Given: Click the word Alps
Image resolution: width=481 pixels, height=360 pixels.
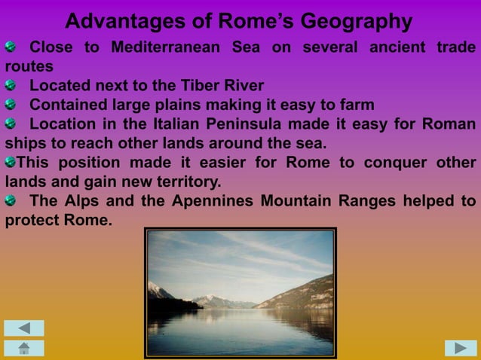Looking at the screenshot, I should point(81,201).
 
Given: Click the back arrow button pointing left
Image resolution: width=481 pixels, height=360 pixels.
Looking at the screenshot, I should point(24,328).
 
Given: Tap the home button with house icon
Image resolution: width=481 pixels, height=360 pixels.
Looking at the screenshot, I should point(24,347).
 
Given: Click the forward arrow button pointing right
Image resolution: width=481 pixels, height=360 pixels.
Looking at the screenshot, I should point(461,347).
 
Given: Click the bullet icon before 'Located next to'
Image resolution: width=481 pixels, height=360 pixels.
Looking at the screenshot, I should point(10,85).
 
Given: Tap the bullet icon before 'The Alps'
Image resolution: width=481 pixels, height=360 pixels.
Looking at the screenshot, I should point(10,201).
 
